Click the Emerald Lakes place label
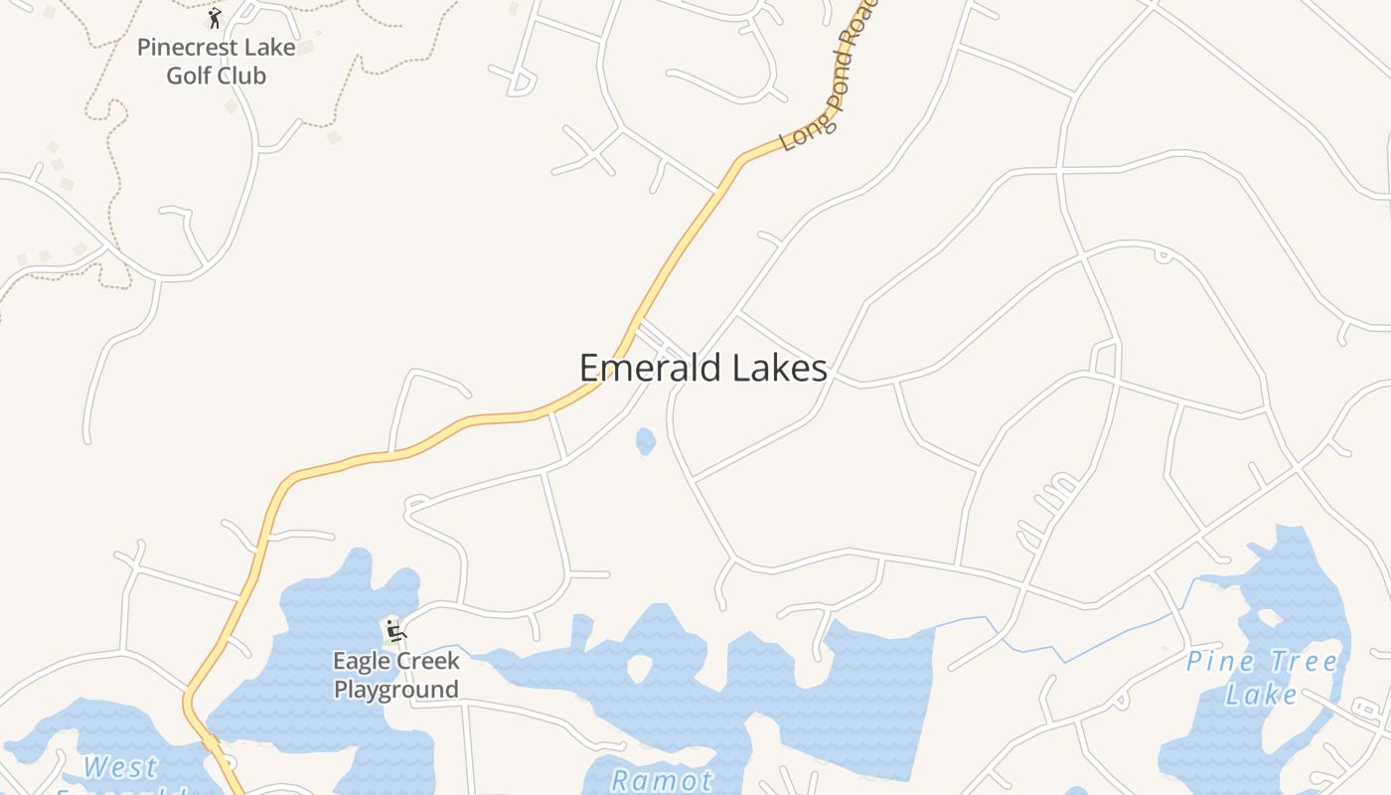702,368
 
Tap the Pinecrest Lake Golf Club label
216,61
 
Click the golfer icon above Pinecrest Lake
215,18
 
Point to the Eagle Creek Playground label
395,675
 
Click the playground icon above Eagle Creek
394,630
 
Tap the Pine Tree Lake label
1262,677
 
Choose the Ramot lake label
662,780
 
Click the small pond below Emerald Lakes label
646,441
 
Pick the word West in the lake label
120,767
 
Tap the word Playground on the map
395,690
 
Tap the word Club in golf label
243,76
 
